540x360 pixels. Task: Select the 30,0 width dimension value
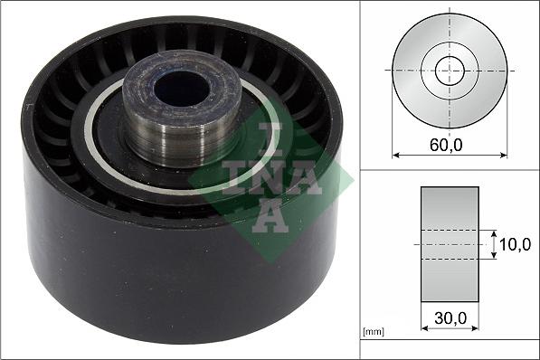coord(449,317)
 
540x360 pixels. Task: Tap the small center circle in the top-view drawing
coord(450,70)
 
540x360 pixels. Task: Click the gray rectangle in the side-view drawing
coord(449,244)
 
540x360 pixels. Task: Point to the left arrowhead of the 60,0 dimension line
coord(395,155)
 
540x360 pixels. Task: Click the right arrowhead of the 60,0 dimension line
coord(504,155)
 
